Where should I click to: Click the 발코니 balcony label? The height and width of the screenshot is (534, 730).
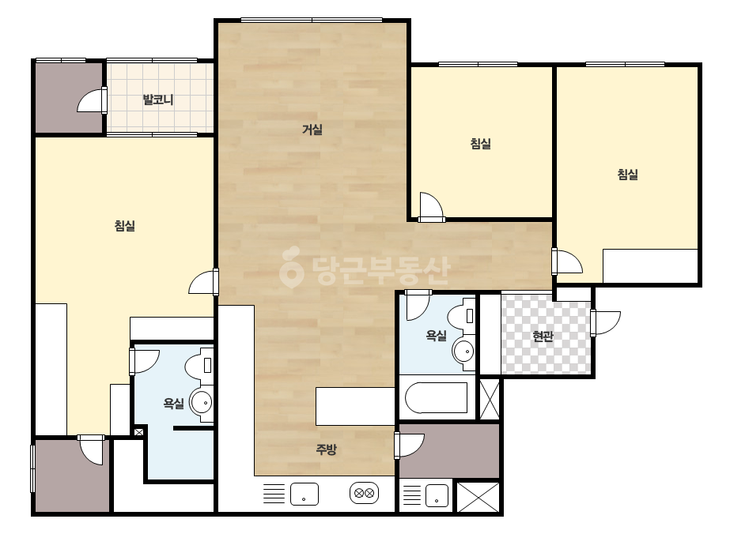(158, 100)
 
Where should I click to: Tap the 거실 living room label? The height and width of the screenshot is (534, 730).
(312, 130)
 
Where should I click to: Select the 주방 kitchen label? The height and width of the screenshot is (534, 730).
(326, 449)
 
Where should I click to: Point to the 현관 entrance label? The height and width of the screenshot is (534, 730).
(543, 336)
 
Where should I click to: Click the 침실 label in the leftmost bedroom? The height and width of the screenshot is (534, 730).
(125, 226)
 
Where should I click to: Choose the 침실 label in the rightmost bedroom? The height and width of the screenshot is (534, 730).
(627, 175)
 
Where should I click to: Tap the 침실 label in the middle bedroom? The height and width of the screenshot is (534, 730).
(480, 143)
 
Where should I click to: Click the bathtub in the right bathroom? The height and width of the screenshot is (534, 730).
(437, 397)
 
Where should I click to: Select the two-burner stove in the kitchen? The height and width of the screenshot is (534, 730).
(364, 493)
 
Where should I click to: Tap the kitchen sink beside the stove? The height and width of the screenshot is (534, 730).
(304, 494)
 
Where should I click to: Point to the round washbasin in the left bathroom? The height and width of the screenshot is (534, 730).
(202, 402)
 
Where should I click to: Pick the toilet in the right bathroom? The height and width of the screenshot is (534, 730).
(461, 316)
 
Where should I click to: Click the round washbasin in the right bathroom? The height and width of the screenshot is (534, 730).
(463, 350)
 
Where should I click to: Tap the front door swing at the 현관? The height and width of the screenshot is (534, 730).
(606, 322)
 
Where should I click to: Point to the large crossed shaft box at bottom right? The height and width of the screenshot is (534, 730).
(478, 497)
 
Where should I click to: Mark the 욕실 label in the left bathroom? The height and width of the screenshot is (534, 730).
(174, 404)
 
